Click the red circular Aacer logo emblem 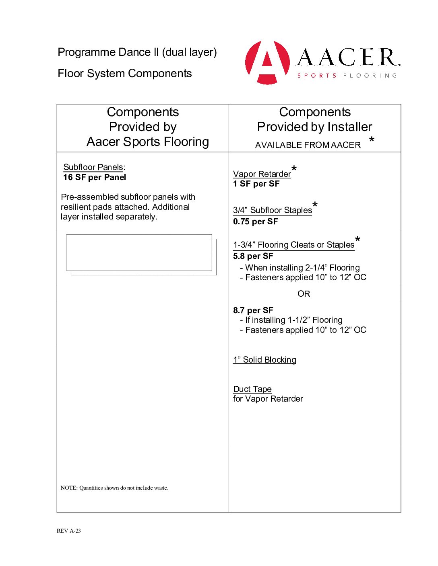[x=267, y=62]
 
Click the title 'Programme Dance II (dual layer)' [x=137, y=52]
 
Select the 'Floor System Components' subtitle [x=125, y=74]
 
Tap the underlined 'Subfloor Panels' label [x=93, y=167]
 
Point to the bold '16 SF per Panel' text [x=95, y=177]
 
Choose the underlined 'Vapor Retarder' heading [x=262, y=174]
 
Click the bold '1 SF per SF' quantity [x=256, y=184]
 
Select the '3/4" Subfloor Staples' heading [x=273, y=210]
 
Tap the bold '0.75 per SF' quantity [x=255, y=221]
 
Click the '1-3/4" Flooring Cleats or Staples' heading [x=293, y=245]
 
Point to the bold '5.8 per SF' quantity [x=253, y=256]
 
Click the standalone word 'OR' [x=304, y=294]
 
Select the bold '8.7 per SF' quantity [x=253, y=310]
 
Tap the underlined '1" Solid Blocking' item [x=264, y=360]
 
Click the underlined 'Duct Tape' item [x=252, y=389]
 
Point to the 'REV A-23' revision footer [x=69, y=531]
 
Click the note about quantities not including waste [x=114, y=488]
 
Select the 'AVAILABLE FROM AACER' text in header [x=308, y=145]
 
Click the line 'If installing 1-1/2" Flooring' [x=293, y=320]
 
